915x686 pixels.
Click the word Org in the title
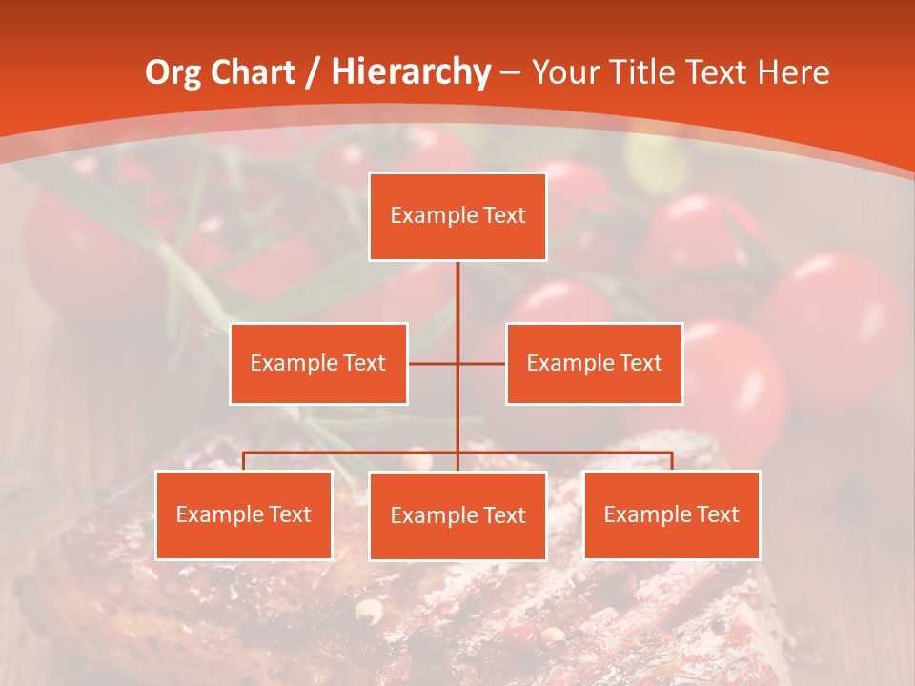[173, 72]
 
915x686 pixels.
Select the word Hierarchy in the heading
[410, 72]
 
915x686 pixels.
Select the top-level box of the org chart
[457, 216]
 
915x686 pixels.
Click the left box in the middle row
[318, 363]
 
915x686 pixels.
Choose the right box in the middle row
[594, 363]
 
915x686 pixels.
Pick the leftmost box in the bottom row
[244, 514]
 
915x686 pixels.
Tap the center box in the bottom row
[457, 515]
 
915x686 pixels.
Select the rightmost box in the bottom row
[672, 514]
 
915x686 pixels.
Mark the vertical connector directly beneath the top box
[457, 295]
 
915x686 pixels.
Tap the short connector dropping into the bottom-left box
[244, 461]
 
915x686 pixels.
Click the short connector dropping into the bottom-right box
[672, 461]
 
